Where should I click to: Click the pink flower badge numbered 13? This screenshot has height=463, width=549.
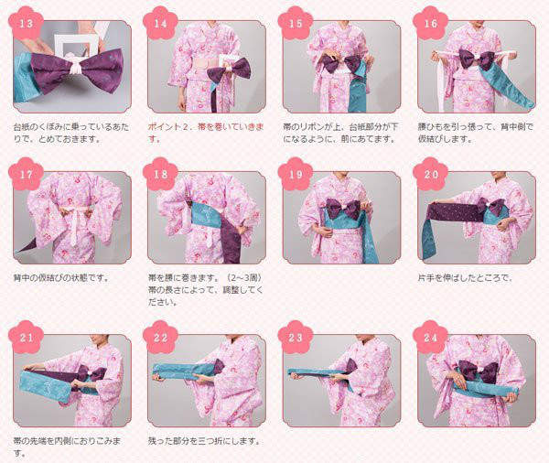(26, 24)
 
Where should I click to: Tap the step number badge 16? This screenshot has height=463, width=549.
(430, 24)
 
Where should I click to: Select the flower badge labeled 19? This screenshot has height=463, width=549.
(296, 174)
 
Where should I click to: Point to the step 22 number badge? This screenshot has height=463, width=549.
(161, 338)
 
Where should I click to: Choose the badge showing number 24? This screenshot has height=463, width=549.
(430, 338)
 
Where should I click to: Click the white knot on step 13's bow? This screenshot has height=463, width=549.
(76, 64)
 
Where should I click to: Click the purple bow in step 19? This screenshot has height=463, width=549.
(343, 208)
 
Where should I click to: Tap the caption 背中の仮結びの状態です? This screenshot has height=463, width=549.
(61, 278)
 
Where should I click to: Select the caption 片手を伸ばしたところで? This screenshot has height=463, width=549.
(465, 278)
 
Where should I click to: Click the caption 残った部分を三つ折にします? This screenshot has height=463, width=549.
(204, 441)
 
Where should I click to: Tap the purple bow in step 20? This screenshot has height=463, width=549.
(492, 207)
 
